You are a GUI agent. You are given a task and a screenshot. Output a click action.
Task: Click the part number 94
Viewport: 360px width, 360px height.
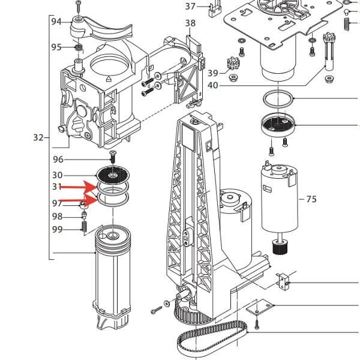click(x=56, y=22)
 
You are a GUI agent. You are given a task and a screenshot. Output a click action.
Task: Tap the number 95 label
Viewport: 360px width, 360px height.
click(x=56, y=47)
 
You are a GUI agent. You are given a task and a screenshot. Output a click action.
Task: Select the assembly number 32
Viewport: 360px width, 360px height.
click(x=38, y=137)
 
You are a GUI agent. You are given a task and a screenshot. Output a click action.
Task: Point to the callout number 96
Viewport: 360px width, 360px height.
click(x=58, y=160)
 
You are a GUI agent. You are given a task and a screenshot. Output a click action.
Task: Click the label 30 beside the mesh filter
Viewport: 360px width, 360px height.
click(x=58, y=175)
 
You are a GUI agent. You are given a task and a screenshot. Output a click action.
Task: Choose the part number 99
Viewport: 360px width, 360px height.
click(x=58, y=229)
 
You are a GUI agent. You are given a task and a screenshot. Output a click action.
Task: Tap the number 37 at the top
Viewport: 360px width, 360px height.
click(x=190, y=7)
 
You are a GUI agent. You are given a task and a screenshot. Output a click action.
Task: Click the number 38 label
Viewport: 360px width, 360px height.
click(x=190, y=23)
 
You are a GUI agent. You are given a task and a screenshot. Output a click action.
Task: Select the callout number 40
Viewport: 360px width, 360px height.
click(x=212, y=85)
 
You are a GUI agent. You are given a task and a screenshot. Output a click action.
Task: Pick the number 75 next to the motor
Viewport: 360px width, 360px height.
click(x=311, y=199)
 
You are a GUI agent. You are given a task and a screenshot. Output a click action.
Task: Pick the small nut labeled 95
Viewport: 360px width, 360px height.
click(x=77, y=47)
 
